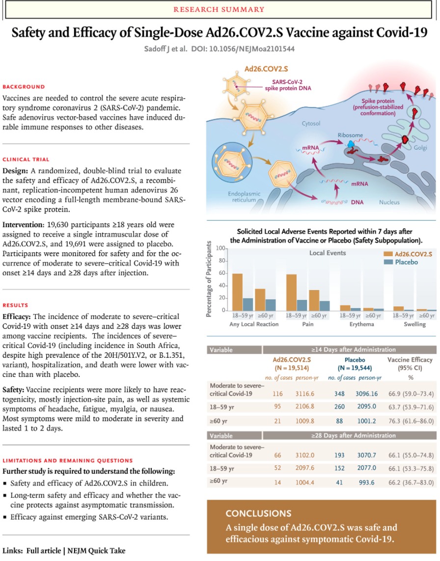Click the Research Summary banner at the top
pyautogui.click(x=220, y=9)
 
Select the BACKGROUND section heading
pyautogui.click(x=24, y=87)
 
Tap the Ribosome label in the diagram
pyautogui.click(x=350, y=135)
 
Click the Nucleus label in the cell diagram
pyautogui.click(x=389, y=202)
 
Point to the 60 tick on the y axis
pyautogui.click(x=222, y=273)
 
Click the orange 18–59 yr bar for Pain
pyautogui.click(x=291, y=292)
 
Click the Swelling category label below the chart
pyautogui.click(x=414, y=324)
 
